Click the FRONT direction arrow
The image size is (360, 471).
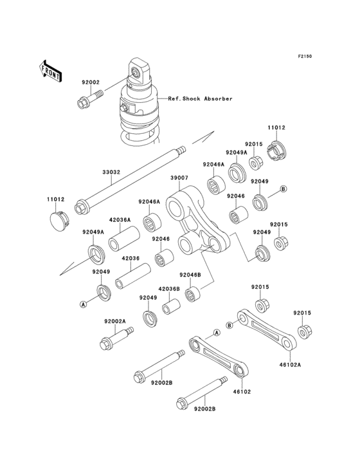coord(50,71)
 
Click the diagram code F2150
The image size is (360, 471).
coord(305,56)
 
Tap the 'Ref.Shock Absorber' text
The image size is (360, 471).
coord(200,98)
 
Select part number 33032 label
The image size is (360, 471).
coord(111,172)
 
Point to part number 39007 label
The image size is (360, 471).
coord(179,178)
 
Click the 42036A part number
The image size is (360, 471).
coord(120,219)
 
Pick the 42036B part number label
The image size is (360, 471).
coord(169,289)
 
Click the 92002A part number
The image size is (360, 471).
coord(115,321)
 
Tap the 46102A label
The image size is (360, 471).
coord(291,365)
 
